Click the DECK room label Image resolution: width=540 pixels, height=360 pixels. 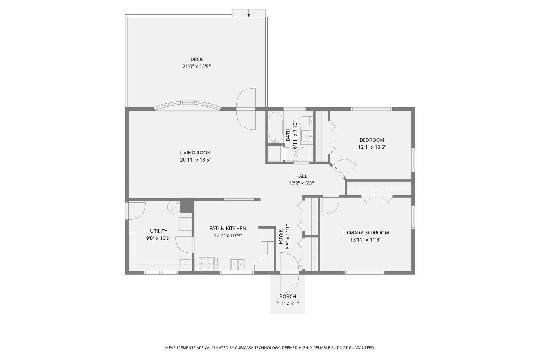click(x=197, y=59)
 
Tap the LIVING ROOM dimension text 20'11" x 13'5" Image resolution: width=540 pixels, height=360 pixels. click(x=195, y=160)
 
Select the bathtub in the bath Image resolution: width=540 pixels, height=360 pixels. click(x=276, y=127)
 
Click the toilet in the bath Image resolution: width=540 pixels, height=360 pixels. click(x=306, y=120)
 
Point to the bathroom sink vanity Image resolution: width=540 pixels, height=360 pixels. click(x=307, y=136)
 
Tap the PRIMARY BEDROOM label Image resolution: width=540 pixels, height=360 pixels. click(x=365, y=233)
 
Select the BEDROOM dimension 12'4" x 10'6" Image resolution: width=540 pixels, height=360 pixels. click(x=372, y=147)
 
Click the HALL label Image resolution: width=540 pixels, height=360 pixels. click(x=301, y=176)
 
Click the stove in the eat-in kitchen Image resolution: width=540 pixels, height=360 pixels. click(x=206, y=264)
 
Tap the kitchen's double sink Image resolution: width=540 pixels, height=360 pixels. click(x=238, y=264)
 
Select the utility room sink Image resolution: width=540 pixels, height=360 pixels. click(x=186, y=265)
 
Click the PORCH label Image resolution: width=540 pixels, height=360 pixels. click(x=288, y=296)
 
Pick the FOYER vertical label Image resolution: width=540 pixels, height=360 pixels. click(x=281, y=237)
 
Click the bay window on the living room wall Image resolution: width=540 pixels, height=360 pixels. click(x=187, y=105)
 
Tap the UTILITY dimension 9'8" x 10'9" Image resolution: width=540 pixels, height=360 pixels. click(x=159, y=238)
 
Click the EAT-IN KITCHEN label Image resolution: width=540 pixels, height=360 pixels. click(x=228, y=228)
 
